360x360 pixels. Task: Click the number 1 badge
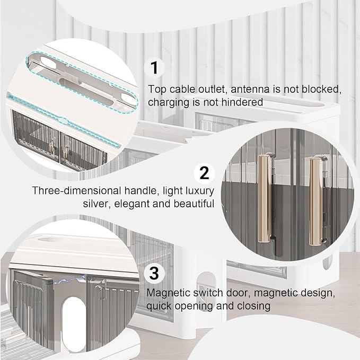pyautogui.click(x=154, y=67)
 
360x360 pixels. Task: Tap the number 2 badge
pyautogui.click(x=204, y=173)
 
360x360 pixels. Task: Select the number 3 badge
pyautogui.click(x=154, y=273)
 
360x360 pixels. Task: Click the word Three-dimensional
pyautogui.click(x=77, y=190)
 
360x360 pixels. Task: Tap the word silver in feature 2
pyautogui.click(x=96, y=204)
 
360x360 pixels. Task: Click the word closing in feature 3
pyautogui.click(x=253, y=306)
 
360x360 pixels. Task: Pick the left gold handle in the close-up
pyautogui.click(x=265, y=199)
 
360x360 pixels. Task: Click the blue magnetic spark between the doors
pyautogui.click(x=68, y=280)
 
